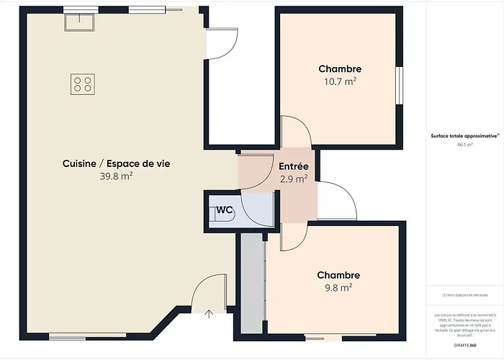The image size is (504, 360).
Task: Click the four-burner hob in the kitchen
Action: pyautogui.click(x=82, y=84)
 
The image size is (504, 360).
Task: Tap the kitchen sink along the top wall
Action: pyautogui.click(x=76, y=22)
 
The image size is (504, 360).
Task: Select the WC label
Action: pyautogui.click(x=225, y=210)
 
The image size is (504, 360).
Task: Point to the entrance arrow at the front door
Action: pyautogui.click(x=210, y=313)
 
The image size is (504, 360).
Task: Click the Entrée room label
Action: pyautogui.click(x=294, y=166)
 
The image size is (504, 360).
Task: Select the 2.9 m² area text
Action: pyautogui.click(x=294, y=178)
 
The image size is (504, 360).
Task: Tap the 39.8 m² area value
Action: pyautogui.click(x=116, y=175)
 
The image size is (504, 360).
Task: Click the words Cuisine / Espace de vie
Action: pyautogui.click(x=116, y=163)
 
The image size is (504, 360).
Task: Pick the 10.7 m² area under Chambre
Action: pyautogui.click(x=340, y=81)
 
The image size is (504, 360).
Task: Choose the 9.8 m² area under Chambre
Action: pyautogui.click(x=338, y=287)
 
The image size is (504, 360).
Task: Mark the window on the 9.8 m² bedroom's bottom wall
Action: pyautogui.click(x=323, y=336)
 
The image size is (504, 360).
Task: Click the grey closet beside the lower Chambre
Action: pyautogui.click(x=252, y=284)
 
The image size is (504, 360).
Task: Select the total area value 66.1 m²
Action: pyautogui.click(x=464, y=145)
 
